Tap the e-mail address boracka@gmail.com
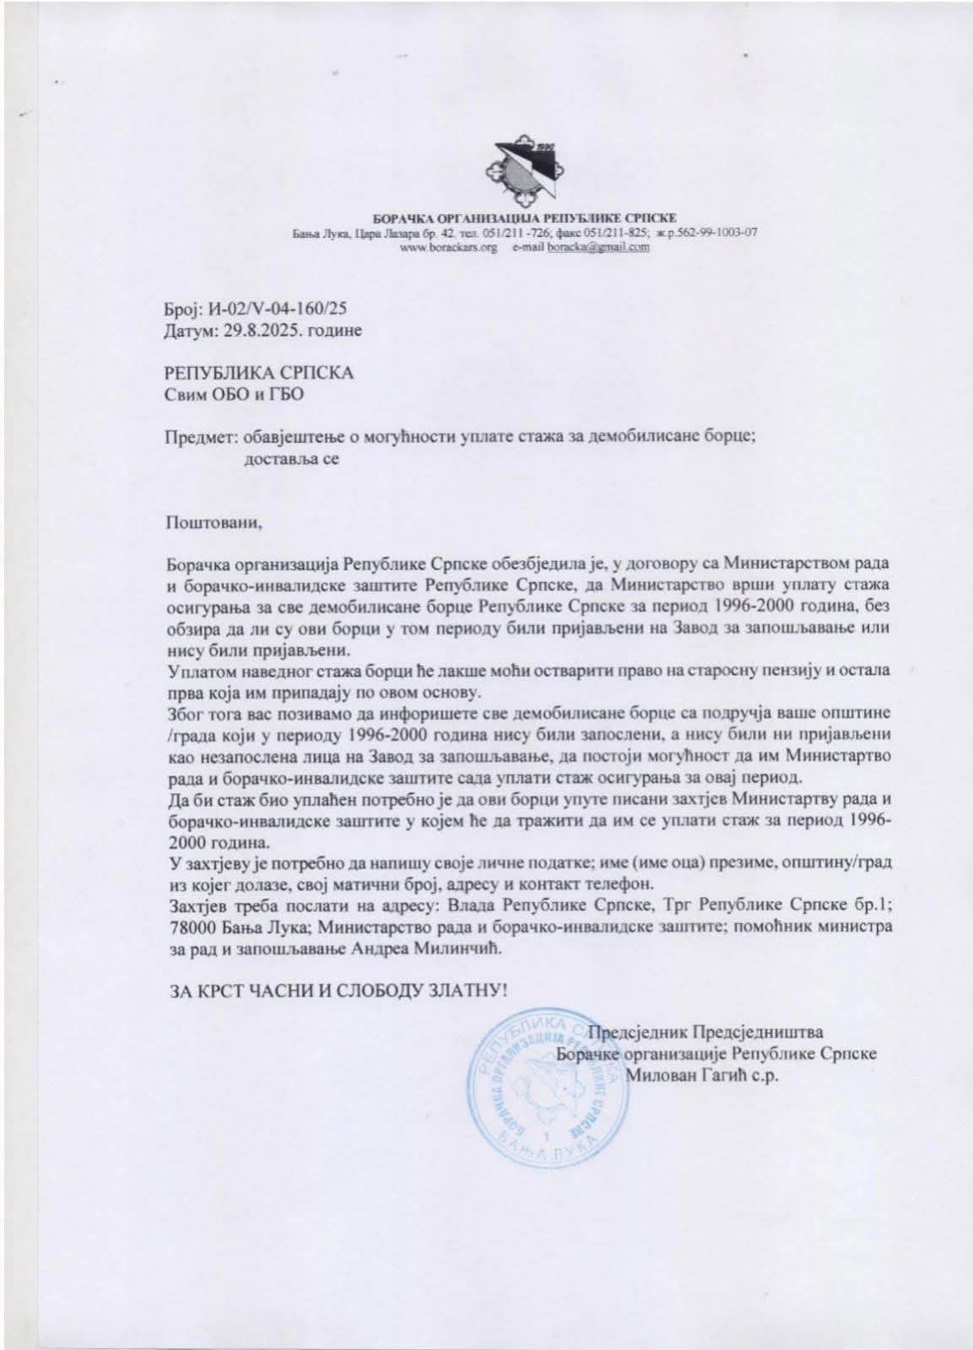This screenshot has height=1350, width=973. (598, 248)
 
